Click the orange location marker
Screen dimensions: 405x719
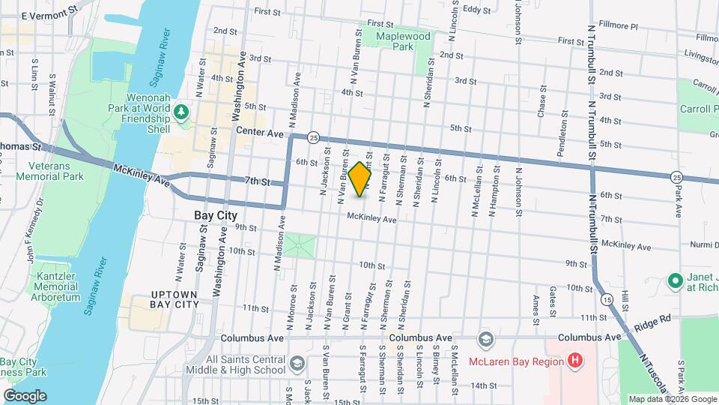(x=359, y=179)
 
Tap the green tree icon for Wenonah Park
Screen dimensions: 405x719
(x=180, y=112)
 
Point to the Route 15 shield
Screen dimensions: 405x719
(x=606, y=299)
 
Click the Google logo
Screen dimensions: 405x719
(x=24, y=396)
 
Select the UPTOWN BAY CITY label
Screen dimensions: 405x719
(x=175, y=298)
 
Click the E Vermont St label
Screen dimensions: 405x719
(x=49, y=14)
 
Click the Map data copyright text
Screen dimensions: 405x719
(x=671, y=399)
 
